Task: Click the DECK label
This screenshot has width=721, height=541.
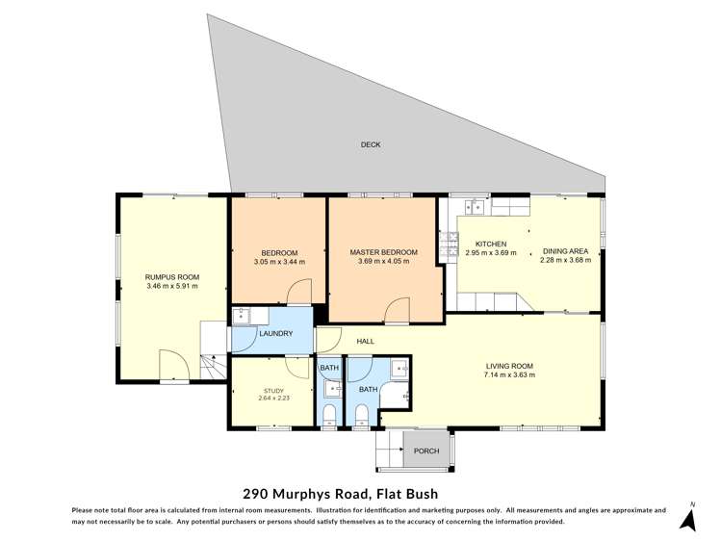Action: pos(371,145)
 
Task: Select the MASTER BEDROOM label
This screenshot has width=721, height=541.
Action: pos(383,251)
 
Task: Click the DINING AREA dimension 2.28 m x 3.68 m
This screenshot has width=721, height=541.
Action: pos(571,260)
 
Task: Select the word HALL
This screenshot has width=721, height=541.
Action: pos(366,342)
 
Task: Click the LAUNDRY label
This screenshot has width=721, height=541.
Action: pos(275,334)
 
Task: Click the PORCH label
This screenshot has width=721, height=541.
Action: pos(425,451)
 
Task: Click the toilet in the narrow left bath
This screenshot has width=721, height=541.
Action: pos(330,413)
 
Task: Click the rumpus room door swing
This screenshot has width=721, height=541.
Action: pos(171,366)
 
